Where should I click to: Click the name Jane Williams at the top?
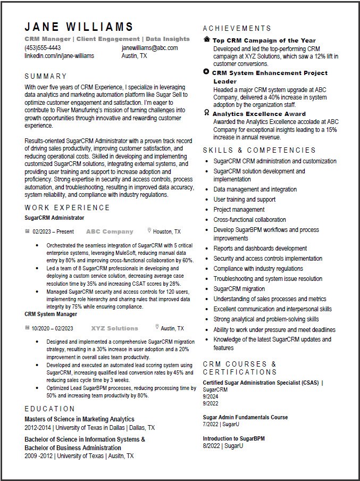[79, 27]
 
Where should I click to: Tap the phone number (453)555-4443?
[43, 48]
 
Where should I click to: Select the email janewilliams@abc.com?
[149, 48]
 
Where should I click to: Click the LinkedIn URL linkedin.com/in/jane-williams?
[59, 56]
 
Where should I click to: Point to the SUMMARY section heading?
[46, 76]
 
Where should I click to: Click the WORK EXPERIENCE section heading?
[67, 208]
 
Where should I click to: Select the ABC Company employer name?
[110, 231]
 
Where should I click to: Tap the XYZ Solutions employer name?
[114, 328]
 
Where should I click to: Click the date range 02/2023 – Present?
[53, 232]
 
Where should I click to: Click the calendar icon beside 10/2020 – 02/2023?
[27, 328]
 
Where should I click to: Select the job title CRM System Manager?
[51, 314]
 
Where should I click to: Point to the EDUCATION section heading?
[50, 409]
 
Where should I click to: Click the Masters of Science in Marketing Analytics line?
[79, 419]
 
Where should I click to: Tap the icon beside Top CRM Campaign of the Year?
[206, 40]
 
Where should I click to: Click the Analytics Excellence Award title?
[259, 113]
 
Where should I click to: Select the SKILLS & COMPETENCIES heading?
[259, 150]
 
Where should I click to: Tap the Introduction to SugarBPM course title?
[233, 438]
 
